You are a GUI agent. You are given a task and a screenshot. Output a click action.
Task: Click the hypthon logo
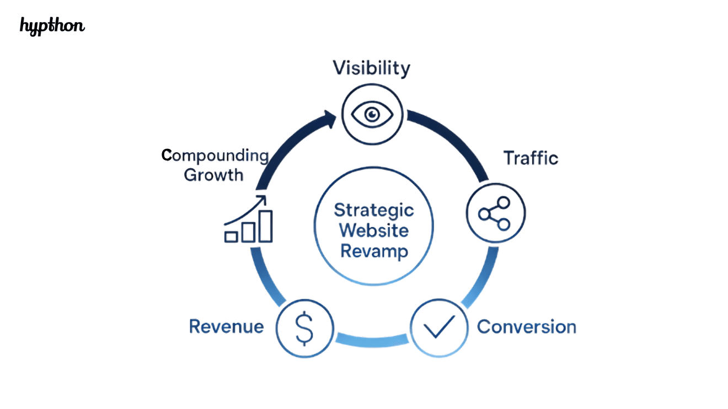coord(52,26)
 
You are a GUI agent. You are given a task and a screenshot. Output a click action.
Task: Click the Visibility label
coord(371,68)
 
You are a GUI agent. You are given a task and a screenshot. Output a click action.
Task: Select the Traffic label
coord(531,158)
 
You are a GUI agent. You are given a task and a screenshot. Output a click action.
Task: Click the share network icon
coord(495,213)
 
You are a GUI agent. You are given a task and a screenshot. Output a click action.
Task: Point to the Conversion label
coord(526,326)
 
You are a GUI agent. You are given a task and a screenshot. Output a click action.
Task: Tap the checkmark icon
coord(439,326)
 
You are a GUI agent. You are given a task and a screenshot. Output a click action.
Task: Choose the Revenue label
coord(226,326)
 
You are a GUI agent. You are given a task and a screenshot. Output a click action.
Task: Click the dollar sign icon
coord(304,328)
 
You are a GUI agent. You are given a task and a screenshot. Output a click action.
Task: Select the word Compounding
coord(215,156)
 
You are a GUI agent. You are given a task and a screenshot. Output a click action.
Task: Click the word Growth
coord(213,175)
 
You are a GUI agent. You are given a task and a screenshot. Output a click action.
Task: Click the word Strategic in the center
coord(374,210)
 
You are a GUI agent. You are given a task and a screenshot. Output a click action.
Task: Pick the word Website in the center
coord(374,230)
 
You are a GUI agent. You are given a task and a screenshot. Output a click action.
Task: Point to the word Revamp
coord(374,251)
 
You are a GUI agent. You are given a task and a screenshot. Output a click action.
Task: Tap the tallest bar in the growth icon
coord(266,226)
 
